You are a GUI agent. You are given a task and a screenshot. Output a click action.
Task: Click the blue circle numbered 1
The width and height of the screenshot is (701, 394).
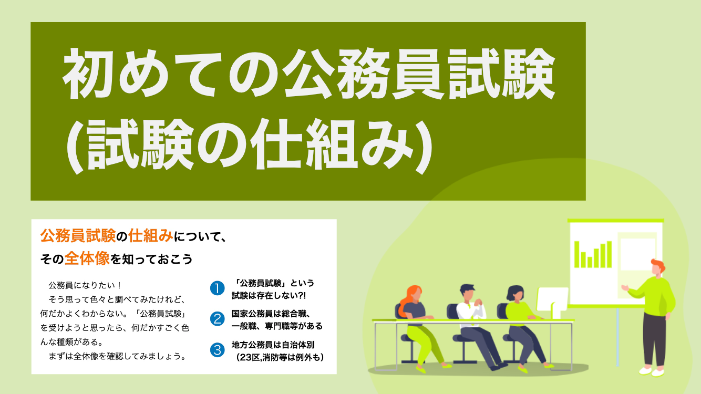click(217, 288)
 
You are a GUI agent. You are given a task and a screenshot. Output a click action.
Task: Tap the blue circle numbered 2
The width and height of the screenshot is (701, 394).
click(217, 319)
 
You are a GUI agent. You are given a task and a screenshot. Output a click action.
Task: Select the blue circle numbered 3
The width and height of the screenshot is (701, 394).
click(217, 350)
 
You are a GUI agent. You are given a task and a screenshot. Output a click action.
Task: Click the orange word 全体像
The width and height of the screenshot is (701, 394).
click(87, 259)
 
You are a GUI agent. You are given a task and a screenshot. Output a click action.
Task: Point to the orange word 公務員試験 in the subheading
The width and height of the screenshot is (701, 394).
click(78, 236)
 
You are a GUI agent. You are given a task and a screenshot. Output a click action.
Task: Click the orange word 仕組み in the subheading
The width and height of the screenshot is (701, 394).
click(150, 236)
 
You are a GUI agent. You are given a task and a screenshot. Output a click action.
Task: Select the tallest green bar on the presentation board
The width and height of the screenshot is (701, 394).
click(609, 254)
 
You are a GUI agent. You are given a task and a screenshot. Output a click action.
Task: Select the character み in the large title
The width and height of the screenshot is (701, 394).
click(387, 145)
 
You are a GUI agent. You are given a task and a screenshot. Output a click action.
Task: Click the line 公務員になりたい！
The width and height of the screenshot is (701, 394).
click(85, 285)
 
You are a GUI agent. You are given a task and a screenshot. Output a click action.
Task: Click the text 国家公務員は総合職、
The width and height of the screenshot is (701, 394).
click(271, 313)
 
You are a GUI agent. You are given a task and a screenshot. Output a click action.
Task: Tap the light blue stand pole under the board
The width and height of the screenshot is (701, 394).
click(617, 337)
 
